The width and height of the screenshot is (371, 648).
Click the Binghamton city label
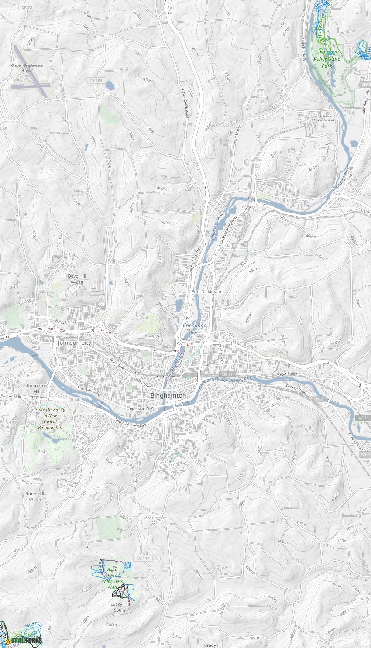click(x=168, y=395)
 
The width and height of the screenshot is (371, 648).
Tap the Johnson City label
click(x=75, y=343)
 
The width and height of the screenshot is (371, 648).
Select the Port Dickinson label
click(x=206, y=291)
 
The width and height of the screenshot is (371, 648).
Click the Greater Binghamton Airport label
click(x=27, y=68)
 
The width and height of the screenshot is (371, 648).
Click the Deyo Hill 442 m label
click(x=77, y=279)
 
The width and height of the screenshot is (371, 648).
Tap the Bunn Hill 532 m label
click(x=34, y=497)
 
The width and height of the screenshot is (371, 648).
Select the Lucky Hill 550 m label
click(x=120, y=607)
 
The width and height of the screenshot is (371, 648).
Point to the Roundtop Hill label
click(x=37, y=389)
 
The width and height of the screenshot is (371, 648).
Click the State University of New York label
click(x=50, y=418)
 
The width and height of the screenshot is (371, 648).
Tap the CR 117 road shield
click(x=143, y=558)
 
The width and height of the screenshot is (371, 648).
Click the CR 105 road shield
click(x=96, y=81)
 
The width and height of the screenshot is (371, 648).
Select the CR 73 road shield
click(x=27, y=7)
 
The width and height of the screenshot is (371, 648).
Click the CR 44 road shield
click(x=74, y=400)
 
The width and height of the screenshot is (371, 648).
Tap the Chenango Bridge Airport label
click(x=323, y=118)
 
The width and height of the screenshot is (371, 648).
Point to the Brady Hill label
click(x=214, y=645)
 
